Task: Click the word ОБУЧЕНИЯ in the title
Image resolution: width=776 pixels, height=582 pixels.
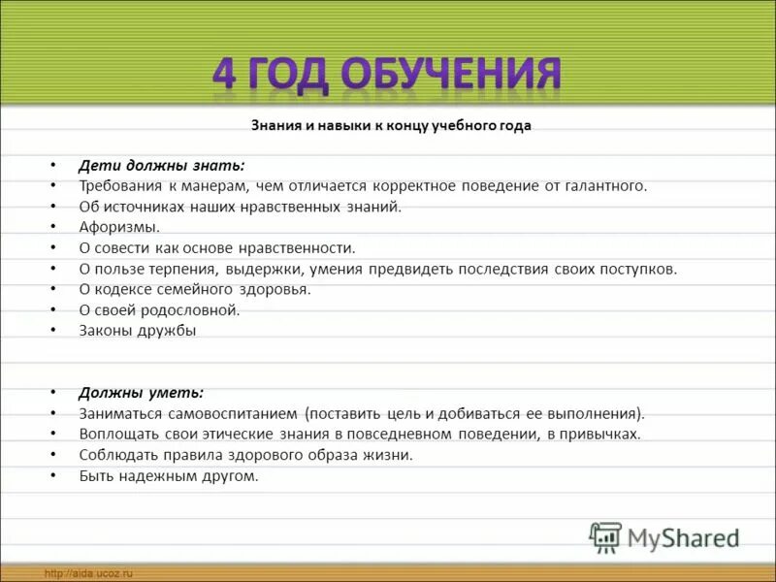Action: point(452,76)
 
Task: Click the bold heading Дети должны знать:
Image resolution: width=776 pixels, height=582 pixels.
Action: point(162,165)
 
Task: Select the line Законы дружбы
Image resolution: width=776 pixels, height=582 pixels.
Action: point(138,330)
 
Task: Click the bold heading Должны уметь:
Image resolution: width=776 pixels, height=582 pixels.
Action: point(142,393)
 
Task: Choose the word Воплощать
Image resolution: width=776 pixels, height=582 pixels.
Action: point(115,434)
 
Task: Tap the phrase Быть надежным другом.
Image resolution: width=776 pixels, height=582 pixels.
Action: point(169,475)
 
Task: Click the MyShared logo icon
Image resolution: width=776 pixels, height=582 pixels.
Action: point(605,535)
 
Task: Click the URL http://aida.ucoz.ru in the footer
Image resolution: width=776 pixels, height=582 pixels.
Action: point(87,574)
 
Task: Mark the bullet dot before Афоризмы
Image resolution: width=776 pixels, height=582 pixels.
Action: point(54,227)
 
